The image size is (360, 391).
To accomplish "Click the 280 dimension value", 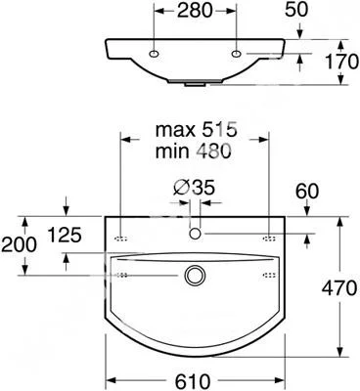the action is click(x=195, y=11).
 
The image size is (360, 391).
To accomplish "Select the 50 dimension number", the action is click(x=296, y=10).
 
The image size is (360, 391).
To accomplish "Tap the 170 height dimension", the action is click(x=342, y=62).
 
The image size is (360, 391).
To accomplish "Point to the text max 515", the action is click(x=196, y=130).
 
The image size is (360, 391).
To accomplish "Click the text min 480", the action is click(x=194, y=152).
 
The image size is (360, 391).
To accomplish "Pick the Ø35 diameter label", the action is click(x=194, y=188).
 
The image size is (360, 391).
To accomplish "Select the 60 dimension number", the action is click(x=307, y=192).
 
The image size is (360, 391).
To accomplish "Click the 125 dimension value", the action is click(x=65, y=235).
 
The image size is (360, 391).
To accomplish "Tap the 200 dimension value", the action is click(x=19, y=244).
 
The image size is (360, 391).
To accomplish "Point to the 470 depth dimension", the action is click(x=339, y=287).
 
